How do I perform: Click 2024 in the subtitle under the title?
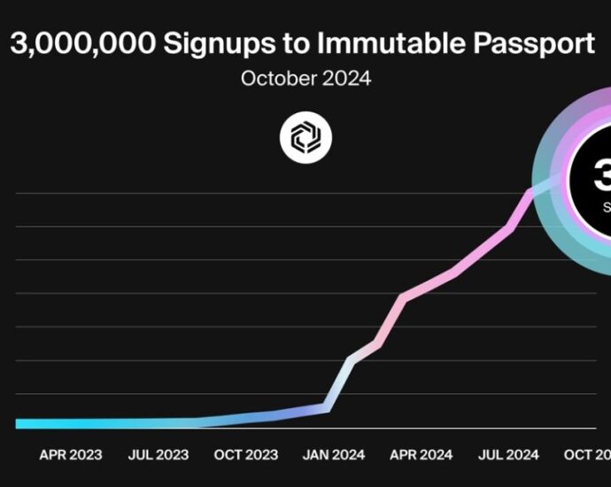[346, 79]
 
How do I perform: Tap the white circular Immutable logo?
[305, 138]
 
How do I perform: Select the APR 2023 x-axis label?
[71, 455]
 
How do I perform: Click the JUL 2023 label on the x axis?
[159, 455]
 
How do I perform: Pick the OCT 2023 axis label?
[245, 455]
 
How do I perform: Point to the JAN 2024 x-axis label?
[334, 455]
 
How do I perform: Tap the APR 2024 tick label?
[422, 455]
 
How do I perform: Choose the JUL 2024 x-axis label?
[508, 455]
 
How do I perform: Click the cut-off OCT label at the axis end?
[587, 455]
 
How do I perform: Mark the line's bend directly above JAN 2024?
[327, 407]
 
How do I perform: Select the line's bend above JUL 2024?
[510, 228]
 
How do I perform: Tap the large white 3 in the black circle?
[601, 176]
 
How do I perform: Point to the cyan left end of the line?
[19, 423]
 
